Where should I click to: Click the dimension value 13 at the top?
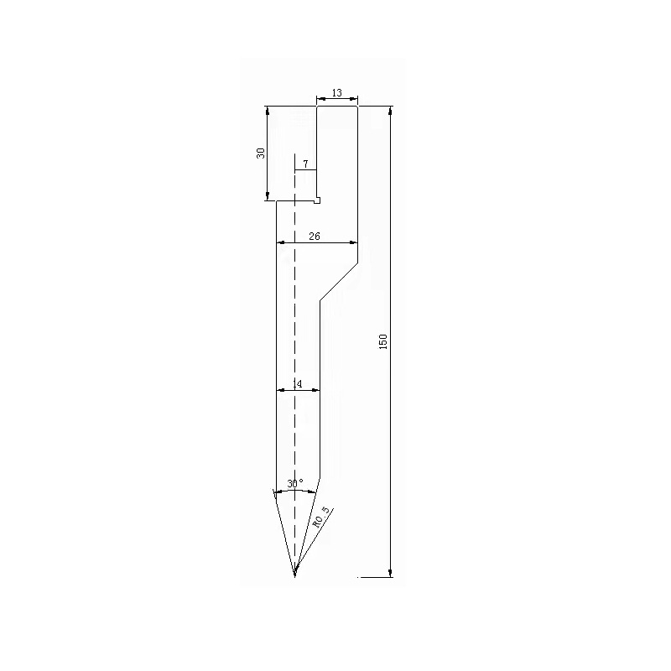336,93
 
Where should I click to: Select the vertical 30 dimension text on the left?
261,153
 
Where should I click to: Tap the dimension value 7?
305,164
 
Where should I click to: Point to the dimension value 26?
315,237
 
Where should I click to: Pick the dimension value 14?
297,383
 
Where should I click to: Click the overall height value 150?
383,341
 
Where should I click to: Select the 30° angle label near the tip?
294,484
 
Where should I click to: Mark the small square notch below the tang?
317,200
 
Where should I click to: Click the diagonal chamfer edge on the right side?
338,282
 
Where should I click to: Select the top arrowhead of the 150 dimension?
391,111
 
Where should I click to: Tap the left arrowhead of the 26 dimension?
281,242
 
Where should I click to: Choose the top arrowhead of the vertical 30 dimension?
268,111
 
